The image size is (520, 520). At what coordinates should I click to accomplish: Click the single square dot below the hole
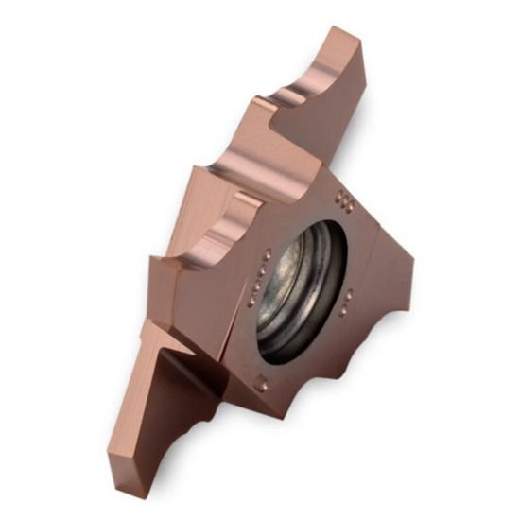coord(262,383)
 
